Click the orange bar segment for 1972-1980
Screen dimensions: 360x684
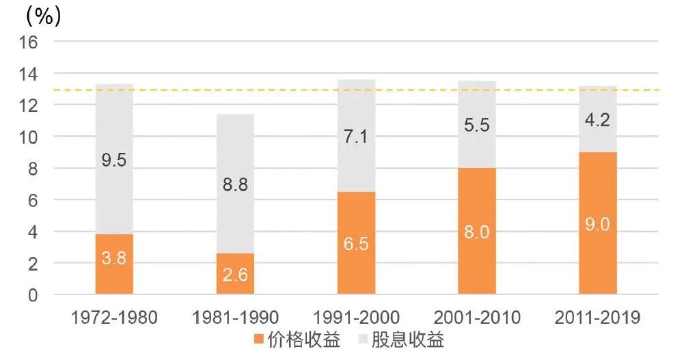(114, 273)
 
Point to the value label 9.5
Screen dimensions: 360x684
(114, 161)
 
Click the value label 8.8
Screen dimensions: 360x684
(235, 184)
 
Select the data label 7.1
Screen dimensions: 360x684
(356, 136)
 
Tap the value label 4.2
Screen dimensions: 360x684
(598, 120)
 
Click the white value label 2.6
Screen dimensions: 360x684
(235, 275)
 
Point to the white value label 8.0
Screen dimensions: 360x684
(477, 232)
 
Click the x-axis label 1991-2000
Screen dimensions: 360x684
(356, 318)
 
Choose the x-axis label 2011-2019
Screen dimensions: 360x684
(598, 318)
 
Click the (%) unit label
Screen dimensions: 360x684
(43, 16)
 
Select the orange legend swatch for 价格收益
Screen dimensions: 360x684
(258, 340)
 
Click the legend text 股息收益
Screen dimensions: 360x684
(407, 340)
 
